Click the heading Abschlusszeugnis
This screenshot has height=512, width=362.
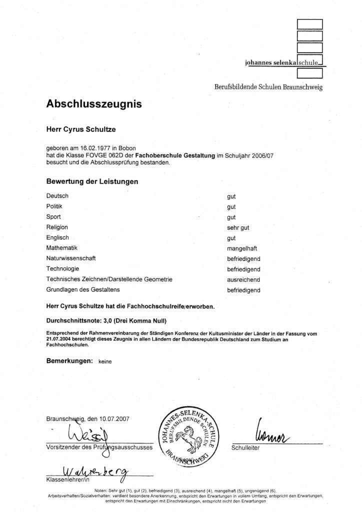pos(94,104)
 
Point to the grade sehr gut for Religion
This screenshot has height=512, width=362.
pos(238,227)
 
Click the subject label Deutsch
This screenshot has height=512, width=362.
pos(57,195)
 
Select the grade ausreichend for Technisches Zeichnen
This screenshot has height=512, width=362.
pos(242,279)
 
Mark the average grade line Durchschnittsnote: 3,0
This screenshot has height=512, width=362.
pos(106,319)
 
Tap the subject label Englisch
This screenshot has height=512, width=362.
pos(57,237)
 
